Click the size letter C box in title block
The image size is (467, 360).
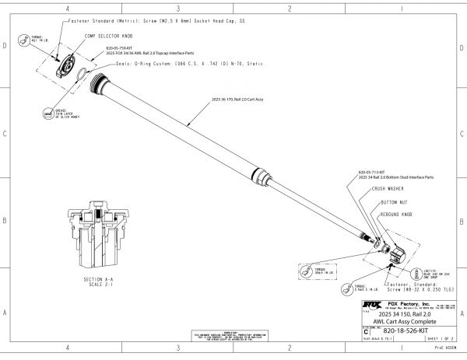tap(367, 331)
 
